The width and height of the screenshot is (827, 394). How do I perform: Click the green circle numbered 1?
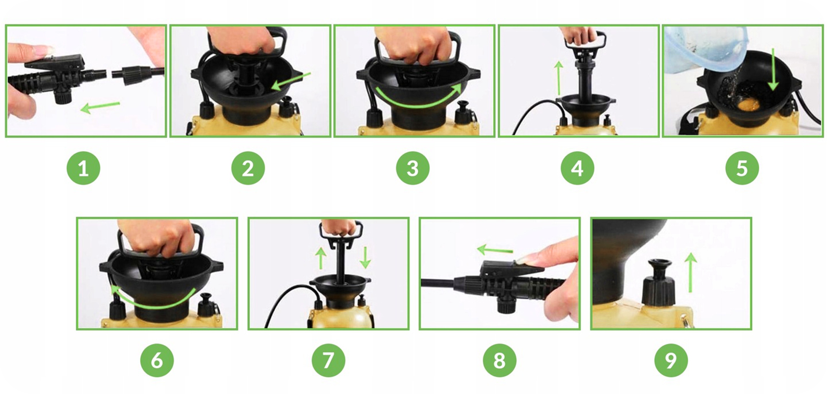click(x=83, y=168)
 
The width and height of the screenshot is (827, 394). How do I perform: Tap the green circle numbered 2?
click(x=248, y=168)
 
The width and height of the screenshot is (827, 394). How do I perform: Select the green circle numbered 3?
click(x=413, y=168)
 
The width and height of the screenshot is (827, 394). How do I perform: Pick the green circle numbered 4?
click(x=578, y=168)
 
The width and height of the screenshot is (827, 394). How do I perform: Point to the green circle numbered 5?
click(x=742, y=168)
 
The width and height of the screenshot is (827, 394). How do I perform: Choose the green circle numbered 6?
click(x=157, y=360)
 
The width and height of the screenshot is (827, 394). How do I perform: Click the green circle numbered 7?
click(x=329, y=360)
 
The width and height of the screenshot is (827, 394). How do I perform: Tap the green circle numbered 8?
click(x=500, y=360)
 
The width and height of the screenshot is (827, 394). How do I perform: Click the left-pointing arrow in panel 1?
click(x=100, y=107)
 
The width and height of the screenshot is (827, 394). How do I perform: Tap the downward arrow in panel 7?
click(x=365, y=258)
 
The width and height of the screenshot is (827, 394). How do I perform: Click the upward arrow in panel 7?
click(x=320, y=258)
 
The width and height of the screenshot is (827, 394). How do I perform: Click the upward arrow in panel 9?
click(x=690, y=273)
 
